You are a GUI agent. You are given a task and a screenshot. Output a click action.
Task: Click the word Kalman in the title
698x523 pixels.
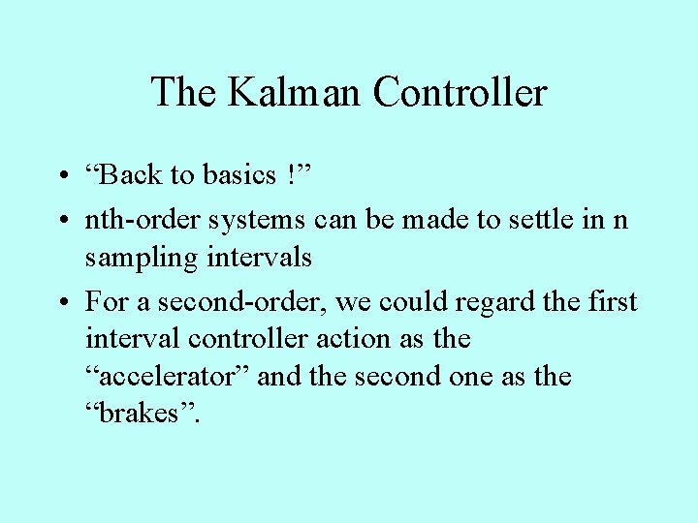click(x=295, y=93)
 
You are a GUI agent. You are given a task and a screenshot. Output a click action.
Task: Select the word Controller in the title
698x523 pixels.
click(x=460, y=93)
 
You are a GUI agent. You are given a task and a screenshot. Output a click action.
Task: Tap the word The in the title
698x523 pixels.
click(x=183, y=93)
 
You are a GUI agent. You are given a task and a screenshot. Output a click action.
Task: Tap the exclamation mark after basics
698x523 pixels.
click(x=292, y=175)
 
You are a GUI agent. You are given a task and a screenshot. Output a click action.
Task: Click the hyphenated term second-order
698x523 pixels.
click(x=246, y=302)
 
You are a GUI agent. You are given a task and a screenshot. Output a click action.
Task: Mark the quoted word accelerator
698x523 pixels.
click(x=168, y=376)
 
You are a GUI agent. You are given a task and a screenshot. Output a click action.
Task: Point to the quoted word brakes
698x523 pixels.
click(x=138, y=413)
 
